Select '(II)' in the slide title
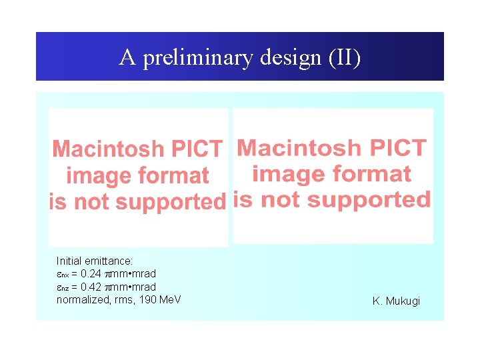tap(344, 58)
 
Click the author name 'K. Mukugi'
tap(396, 301)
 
